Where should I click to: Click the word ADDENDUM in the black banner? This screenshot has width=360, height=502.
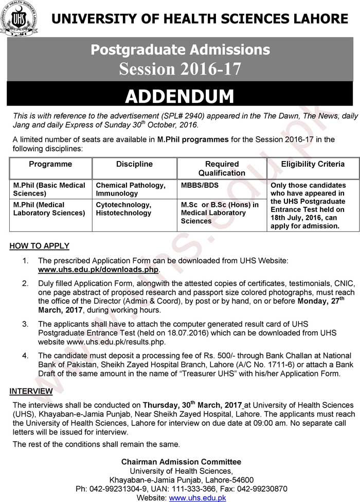[x=179, y=96]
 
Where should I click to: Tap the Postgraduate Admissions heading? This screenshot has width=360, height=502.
[x=180, y=50]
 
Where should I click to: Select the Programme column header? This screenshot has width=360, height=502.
[x=50, y=164]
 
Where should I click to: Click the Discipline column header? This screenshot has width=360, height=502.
[x=134, y=164]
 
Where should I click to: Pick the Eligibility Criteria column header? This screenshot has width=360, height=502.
[x=313, y=164]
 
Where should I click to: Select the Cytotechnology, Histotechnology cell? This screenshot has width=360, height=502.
[x=124, y=209]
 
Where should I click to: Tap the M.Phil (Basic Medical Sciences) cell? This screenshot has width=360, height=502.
[x=49, y=189]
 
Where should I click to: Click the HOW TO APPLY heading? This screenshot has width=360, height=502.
[x=39, y=246]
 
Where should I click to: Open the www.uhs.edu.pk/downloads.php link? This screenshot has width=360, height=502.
[x=99, y=270]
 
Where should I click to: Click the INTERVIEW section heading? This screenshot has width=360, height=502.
[x=31, y=391]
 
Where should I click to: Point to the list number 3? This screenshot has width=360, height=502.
[x=25, y=324]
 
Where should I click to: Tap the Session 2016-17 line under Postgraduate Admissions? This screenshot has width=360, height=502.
[x=180, y=68]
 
